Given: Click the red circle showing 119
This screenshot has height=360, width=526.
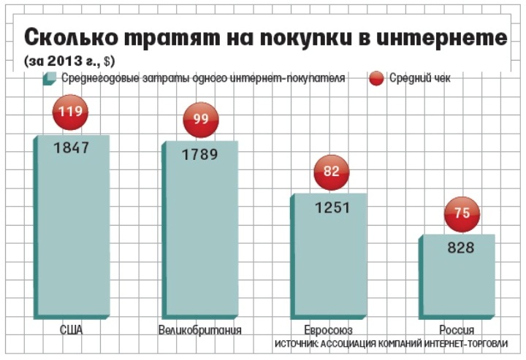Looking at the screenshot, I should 71,113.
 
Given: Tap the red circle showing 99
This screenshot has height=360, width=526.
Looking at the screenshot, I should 201,119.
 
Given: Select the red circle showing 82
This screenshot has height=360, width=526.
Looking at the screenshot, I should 331,172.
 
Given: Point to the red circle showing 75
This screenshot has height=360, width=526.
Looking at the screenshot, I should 462,213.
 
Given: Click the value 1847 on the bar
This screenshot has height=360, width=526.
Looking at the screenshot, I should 71,148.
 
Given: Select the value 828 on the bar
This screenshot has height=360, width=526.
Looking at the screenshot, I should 462,248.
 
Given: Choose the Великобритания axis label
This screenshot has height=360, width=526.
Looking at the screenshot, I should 199,329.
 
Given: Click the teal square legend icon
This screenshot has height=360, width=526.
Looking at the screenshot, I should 50,77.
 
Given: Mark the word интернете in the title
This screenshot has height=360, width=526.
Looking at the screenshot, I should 445,37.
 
